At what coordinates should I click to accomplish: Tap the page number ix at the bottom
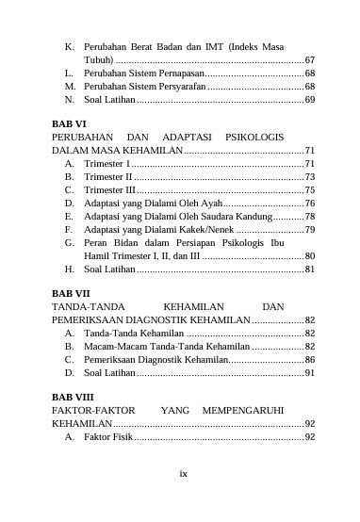183,472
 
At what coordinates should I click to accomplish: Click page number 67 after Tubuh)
309,59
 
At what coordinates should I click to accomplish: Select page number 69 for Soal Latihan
309,99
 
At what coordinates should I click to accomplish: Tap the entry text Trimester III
110,189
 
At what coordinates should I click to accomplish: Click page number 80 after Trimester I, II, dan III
309,255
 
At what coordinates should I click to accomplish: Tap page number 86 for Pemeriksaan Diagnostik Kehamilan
309,359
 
